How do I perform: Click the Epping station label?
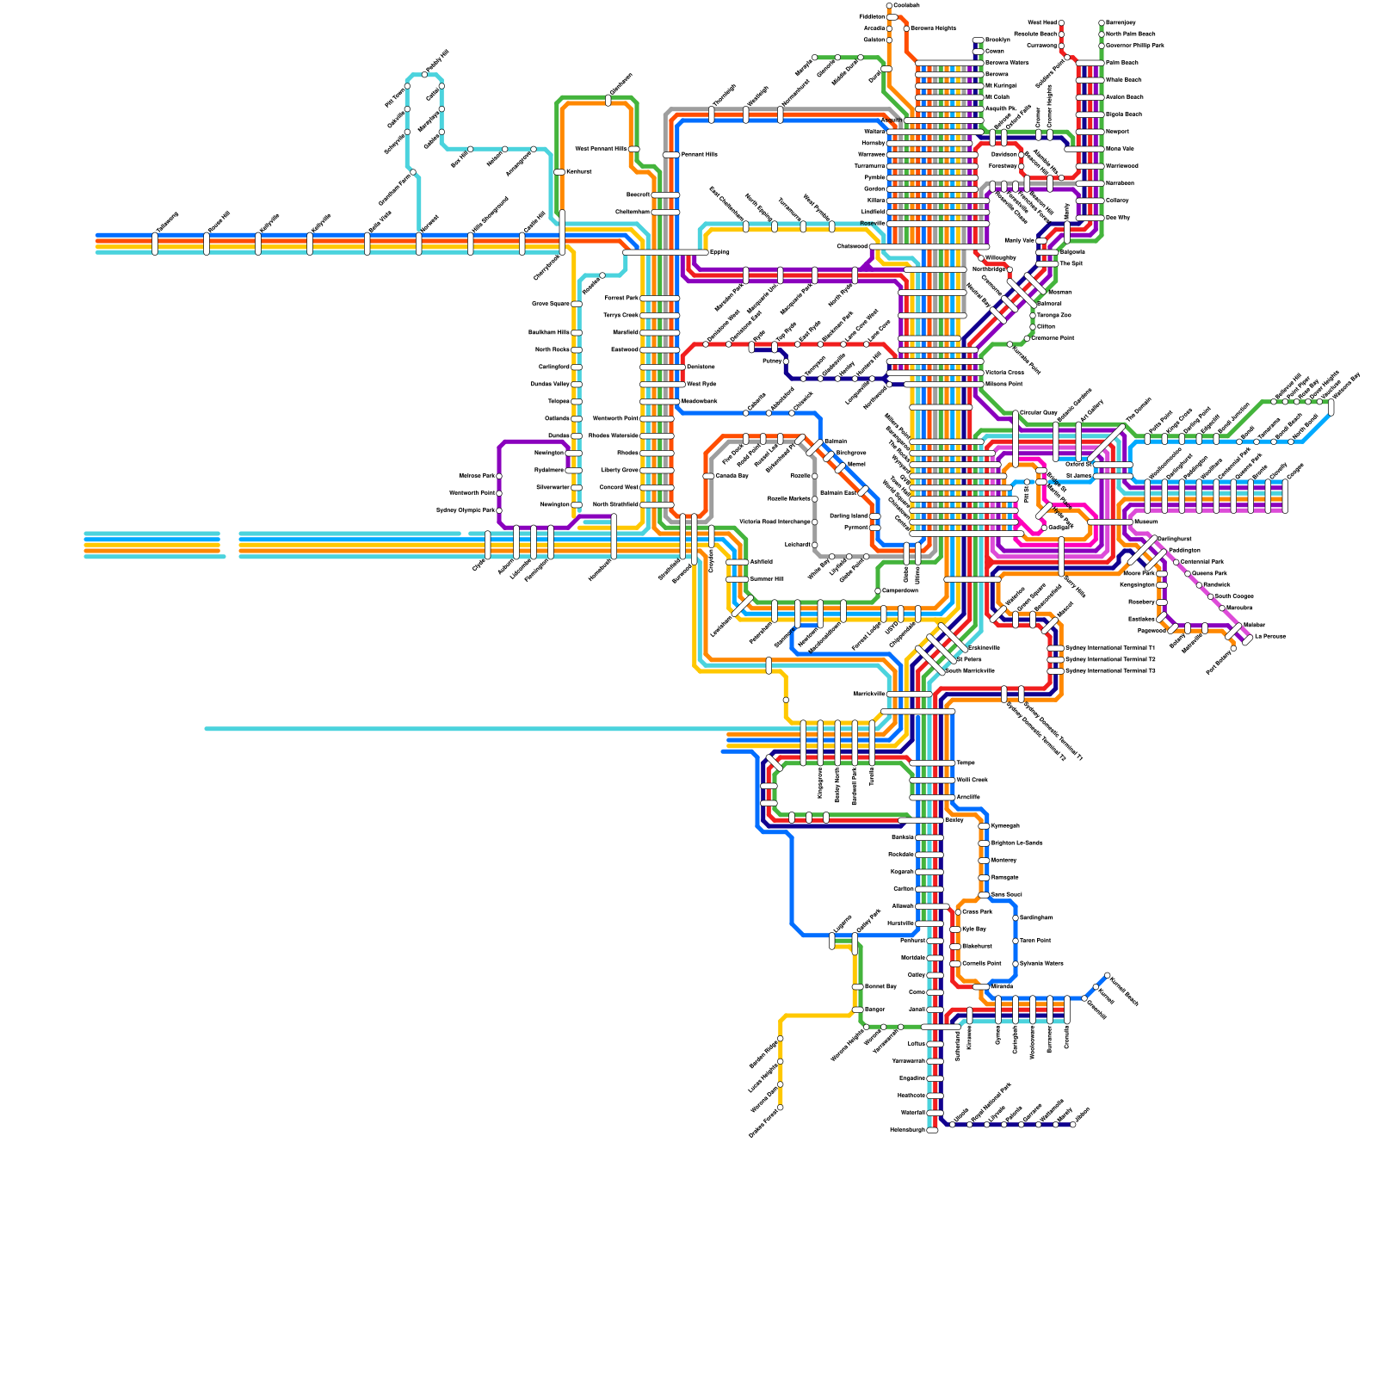coord(719,252)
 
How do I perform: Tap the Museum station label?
coord(1145,522)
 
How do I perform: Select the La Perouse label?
coord(1269,636)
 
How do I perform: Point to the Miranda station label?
coord(1002,986)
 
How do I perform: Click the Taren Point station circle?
coord(1016,941)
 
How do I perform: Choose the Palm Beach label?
coord(1121,63)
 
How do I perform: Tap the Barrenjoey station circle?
coord(1102,23)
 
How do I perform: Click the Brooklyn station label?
coord(997,40)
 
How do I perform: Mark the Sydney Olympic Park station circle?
coord(499,510)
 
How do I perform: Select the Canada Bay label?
coord(732,476)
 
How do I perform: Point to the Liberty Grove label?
coord(620,470)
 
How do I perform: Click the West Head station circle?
coord(1061,23)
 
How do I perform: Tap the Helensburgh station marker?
coord(932,1130)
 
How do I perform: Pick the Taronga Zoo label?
coord(1053,315)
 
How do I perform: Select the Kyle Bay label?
coord(973,929)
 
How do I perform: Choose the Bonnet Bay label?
coord(880,986)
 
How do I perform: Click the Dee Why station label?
coord(1117,218)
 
